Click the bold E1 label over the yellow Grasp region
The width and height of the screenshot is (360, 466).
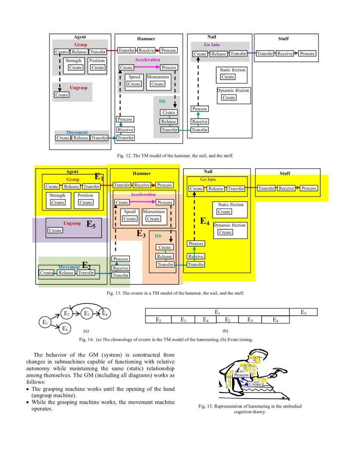pyautogui.click(x=99, y=177)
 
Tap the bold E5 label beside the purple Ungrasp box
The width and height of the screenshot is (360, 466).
pyautogui.click(x=91, y=225)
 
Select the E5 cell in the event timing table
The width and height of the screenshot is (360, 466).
pyautogui.click(x=303, y=312)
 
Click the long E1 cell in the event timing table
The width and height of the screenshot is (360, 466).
pyautogui.click(x=217, y=312)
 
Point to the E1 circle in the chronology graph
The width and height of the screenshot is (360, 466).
pyautogui.click(x=45, y=322)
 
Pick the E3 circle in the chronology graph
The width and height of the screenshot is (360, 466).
pyautogui.click(x=86, y=314)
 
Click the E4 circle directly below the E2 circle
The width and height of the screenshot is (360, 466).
pyautogui.click(x=65, y=328)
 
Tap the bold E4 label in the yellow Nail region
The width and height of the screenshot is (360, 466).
pyautogui.click(x=205, y=221)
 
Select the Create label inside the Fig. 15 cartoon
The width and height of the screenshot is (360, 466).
pyautogui.click(x=255, y=384)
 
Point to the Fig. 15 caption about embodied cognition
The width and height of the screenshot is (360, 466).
pyautogui.click(x=250, y=409)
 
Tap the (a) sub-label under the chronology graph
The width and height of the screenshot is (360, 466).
pyautogui.click(x=86, y=330)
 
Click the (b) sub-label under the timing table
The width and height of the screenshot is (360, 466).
pyautogui.click(x=225, y=330)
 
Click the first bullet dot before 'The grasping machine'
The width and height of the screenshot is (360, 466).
pyautogui.click(x=28, y=389)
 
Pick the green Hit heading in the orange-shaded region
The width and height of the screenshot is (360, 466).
pyautogui.click(x=158, y=236)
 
